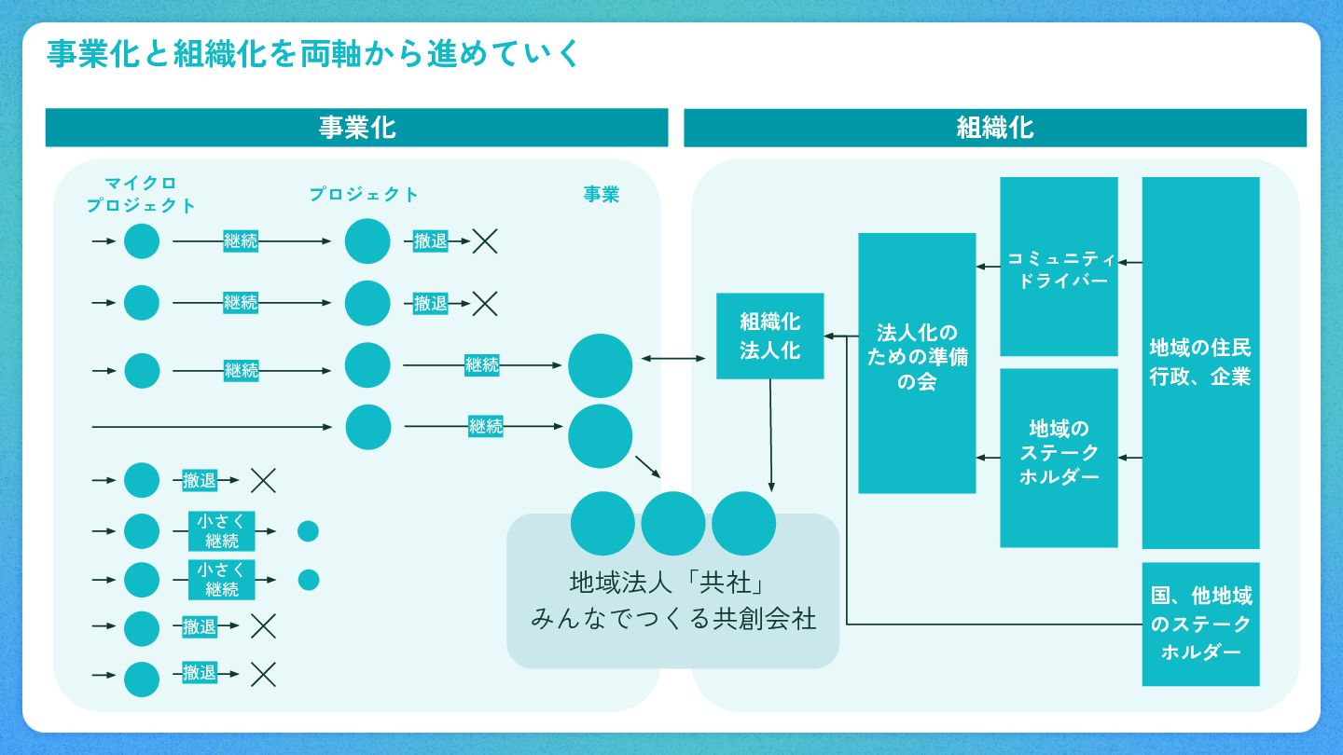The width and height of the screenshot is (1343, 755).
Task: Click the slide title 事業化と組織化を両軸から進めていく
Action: (313, 54)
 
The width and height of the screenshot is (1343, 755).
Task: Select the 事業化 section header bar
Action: (357, 128)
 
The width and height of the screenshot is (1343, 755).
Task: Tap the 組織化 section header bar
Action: (995, 128)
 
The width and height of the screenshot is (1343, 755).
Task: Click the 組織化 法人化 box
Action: (769, 336)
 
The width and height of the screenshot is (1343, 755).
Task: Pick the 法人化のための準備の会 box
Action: (917, 363)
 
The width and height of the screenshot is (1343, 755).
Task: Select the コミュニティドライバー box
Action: (1059, 267)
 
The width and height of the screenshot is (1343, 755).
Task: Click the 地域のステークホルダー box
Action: (1059, 457)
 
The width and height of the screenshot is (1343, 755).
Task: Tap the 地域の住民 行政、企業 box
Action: (1200, 363)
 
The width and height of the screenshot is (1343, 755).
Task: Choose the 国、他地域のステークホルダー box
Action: (1200, 624)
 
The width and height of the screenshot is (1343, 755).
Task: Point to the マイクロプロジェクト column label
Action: (141, 194)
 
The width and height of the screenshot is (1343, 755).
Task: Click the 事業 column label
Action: (601, 194)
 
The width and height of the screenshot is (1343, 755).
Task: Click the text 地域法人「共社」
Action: (668, 583)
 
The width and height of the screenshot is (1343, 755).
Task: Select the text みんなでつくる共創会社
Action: (673, 618)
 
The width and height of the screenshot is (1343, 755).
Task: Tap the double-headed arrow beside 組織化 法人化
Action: (674, 358)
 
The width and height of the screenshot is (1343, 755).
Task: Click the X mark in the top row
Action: (485, 241)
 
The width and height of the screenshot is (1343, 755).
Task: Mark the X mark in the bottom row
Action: (264, 673)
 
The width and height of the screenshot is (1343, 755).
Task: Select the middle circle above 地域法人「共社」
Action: (673, 523)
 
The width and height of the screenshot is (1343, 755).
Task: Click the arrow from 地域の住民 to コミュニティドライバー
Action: (1129, 263)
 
